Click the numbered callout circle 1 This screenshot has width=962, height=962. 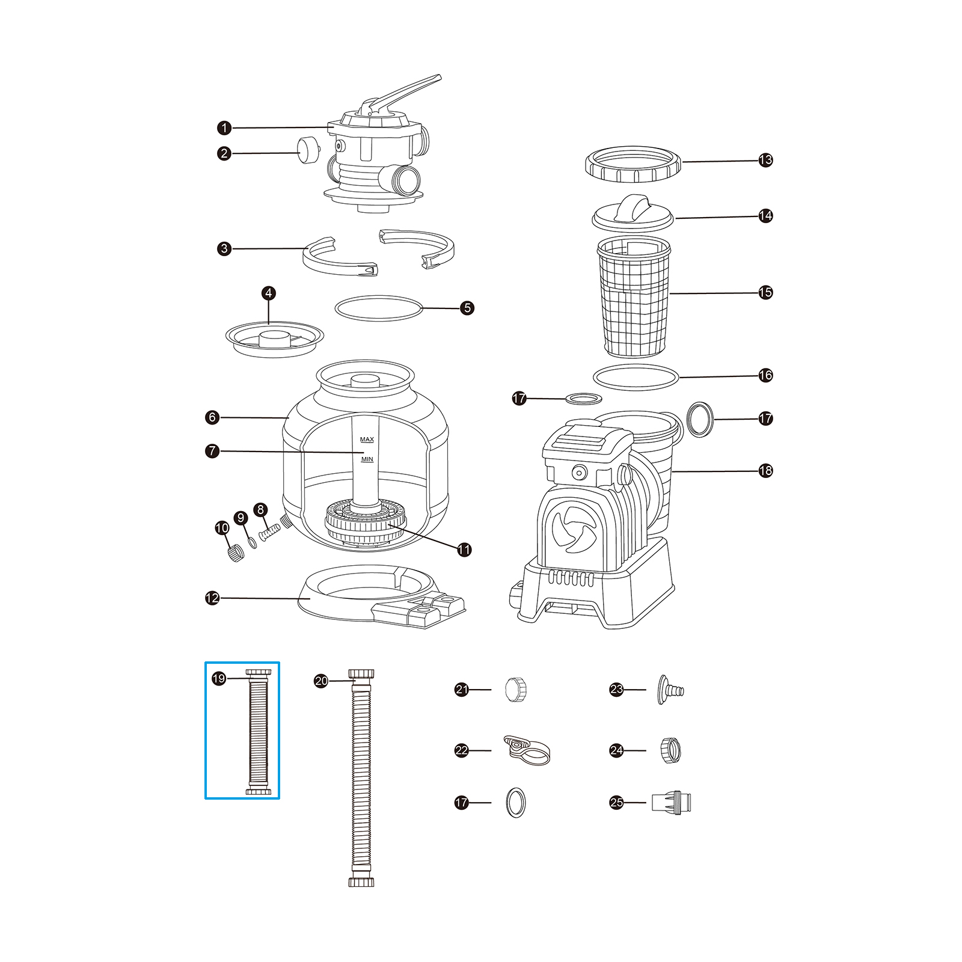(x=224, y=127)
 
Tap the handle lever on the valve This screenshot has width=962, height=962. (x=409, y=91)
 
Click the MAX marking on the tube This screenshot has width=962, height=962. (x=367, y=440)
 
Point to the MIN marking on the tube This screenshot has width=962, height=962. (x=367, y=459)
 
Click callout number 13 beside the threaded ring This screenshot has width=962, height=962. (x=765, y=161)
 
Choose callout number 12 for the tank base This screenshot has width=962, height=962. (x=212, y=598)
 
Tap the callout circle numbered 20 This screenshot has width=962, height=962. (x=322, y=681)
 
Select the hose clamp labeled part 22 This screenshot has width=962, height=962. (x=525, y=750)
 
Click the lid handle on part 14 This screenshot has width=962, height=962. (x=634, y=207)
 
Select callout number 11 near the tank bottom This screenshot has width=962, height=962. (x=464, y=550)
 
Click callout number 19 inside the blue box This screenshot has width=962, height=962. (x=219, y=678)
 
